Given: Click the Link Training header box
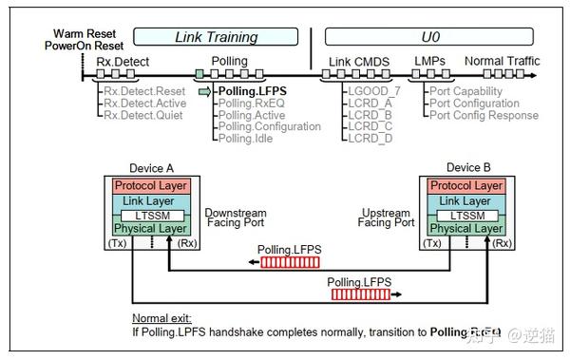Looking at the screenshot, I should coord(217,36).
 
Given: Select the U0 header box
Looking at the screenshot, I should coord(432,36).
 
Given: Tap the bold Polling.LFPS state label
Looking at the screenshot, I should coord(252,92).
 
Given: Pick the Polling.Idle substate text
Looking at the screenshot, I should coord(245,139).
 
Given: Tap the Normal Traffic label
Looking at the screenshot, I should coord(502,62).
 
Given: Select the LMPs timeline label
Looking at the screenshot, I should coord(428,62).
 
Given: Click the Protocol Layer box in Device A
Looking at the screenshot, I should coord(150,186).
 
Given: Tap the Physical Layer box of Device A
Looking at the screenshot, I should coord(150,229).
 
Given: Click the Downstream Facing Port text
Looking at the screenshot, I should coord(235,218).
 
